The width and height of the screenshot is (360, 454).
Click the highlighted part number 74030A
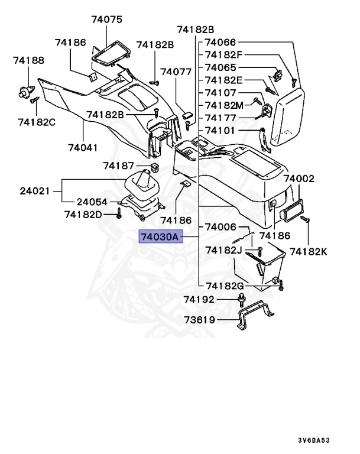click(159, 237)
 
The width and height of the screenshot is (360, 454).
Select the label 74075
click(106, 19)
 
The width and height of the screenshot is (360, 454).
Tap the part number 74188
click(29, 60)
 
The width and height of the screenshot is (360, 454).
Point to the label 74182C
click(37, 122)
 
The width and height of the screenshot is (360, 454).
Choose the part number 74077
click(176, 72)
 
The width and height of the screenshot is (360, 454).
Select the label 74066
click(220, 43)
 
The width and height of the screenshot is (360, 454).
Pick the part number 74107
click(220, 93)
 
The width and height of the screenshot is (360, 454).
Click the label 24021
click(35, 191)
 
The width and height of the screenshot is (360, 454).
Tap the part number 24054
click(92, 202)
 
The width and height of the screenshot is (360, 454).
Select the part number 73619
click(199, 321)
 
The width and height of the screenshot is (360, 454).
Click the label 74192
click(199, 300)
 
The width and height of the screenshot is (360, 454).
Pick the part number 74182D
click(83, 214)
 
